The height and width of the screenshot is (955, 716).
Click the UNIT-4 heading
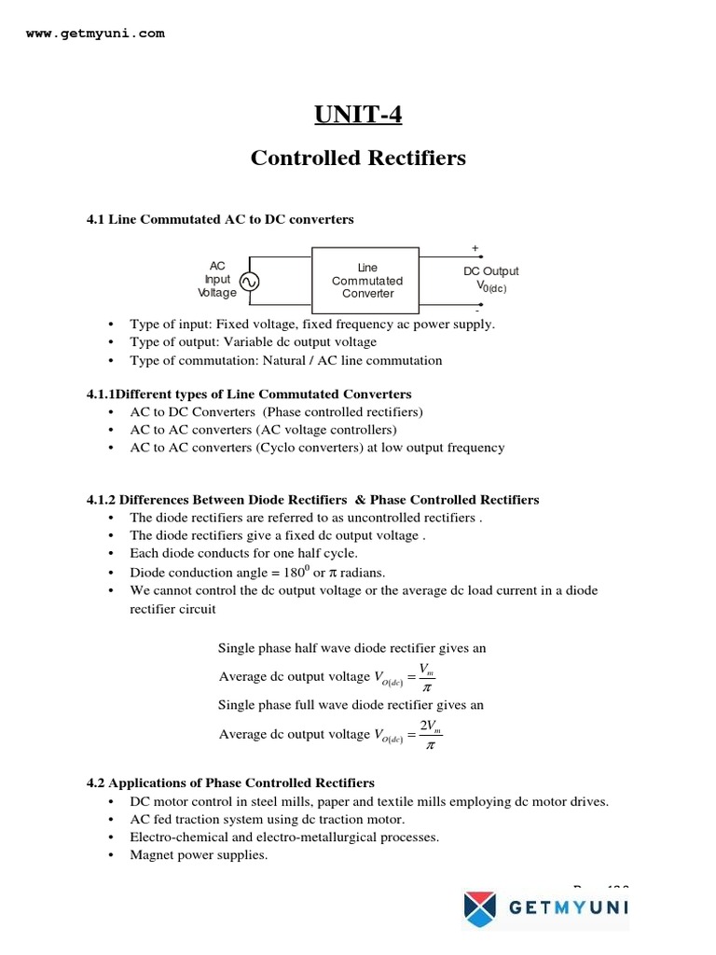click(358, 115)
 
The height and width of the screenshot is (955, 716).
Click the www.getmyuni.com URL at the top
click(95, 33)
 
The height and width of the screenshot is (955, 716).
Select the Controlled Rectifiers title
click(358, 158)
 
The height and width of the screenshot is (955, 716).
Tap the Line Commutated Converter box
click(366, 280)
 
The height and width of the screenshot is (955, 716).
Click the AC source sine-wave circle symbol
click(249, 281)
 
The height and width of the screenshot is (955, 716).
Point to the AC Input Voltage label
click(217, 279)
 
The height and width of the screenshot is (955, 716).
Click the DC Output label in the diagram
click(491, 271)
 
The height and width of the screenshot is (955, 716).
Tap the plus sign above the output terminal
click(475, 249)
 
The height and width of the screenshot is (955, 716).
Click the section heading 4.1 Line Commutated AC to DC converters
click(220, 219)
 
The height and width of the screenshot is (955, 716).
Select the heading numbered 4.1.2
click(312, 499)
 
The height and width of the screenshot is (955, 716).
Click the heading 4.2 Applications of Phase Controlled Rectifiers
click(230, 782)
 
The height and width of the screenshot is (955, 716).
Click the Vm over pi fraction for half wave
click(425, 676)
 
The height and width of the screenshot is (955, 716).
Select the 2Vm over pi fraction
click(429, 734)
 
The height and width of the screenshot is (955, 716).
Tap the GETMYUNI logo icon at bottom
click(481, 908)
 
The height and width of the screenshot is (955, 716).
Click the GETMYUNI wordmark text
click(569, 908)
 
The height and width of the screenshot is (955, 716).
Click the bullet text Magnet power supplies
click(199, 854)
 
